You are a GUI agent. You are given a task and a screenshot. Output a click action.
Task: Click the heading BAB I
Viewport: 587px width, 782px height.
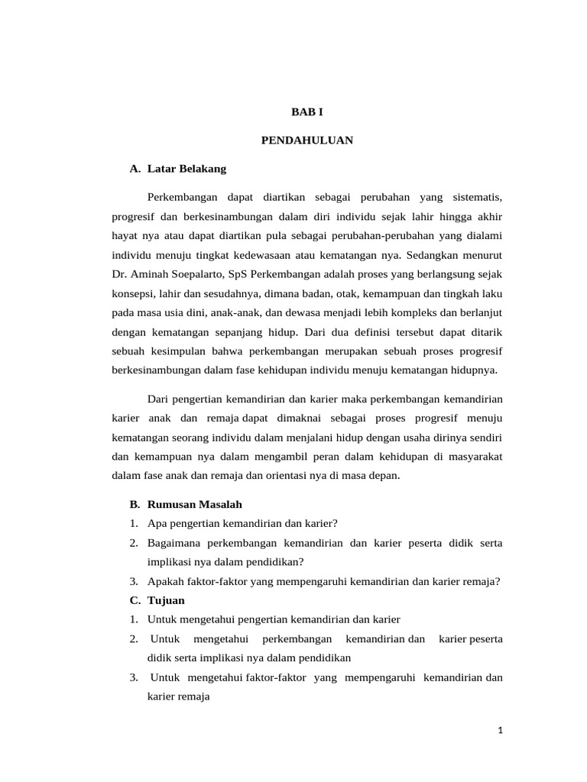pos(307,111)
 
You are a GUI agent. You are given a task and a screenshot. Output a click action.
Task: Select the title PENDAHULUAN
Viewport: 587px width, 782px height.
pos(306,141)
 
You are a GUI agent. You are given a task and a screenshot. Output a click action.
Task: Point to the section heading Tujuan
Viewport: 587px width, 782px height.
pos(166,600)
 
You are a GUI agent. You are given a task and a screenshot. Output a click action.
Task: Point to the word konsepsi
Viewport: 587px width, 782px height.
pos(133,293)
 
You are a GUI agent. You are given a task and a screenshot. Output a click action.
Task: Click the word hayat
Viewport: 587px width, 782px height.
pos(125,236)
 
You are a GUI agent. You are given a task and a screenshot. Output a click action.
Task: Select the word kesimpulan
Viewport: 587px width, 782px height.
pos(175,351)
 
